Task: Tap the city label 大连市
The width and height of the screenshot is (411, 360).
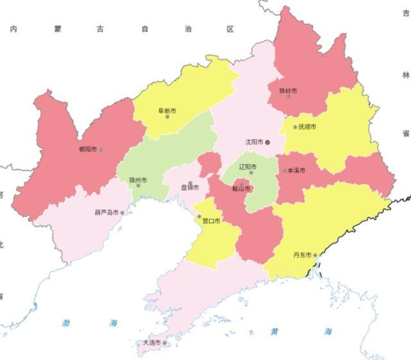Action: (x=152, y=343)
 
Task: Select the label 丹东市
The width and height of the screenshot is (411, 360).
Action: (x=302, y=255)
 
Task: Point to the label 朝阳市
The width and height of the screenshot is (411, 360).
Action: (x=87, y=150)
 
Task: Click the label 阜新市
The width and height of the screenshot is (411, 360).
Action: (x=167, y=110)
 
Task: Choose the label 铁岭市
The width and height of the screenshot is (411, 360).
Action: (x=288, y=90)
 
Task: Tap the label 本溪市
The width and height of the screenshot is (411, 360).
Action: (x=296, y=171)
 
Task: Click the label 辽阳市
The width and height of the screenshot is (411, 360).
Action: (x=248, y=167)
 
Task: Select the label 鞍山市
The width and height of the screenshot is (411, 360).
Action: (x=241, y=189)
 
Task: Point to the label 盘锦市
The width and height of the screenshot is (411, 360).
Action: (x=190, y=188)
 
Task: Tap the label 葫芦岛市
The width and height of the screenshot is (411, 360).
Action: (x=106, y=212)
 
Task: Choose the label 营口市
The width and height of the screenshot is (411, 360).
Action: (x=211, y=221)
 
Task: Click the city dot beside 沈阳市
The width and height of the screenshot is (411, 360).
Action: (x=268, y=142)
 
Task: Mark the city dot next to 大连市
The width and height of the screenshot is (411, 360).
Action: (x=165, y=343)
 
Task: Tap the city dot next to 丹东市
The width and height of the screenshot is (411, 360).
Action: (x=315, y=255)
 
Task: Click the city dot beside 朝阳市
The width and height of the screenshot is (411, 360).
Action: (x=101, y=150)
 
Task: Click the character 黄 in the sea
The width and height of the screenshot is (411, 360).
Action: (x=275, y=331)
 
